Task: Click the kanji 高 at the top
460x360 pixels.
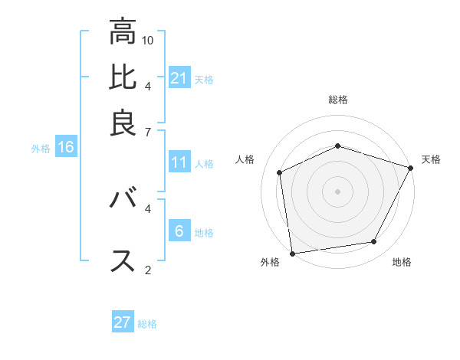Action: pos(123,31)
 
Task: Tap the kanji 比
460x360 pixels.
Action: pos(123,77)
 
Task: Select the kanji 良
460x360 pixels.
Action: pos(123,123)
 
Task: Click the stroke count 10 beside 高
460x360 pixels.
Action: pos(148,40)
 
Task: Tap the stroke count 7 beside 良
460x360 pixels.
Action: pos(148,133)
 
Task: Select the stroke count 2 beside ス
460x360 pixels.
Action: pos(148,270)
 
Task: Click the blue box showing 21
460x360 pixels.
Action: pos(179,77)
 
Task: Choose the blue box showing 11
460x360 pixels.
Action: pos(179,162)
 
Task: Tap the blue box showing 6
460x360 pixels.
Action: pos(179,231)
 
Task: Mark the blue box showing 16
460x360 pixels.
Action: pos(65,147)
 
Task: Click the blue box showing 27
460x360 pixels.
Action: pos(123,322)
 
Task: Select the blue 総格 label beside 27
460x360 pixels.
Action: pos(147,324)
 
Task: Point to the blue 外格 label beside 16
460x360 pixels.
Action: pos(41,149)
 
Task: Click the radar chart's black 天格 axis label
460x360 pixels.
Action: pos(431,159)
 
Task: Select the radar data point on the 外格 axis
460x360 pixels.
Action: pos(291,254)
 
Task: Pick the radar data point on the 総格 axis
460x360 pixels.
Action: pos(338,146)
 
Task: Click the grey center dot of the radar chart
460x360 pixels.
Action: pos(338,191)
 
